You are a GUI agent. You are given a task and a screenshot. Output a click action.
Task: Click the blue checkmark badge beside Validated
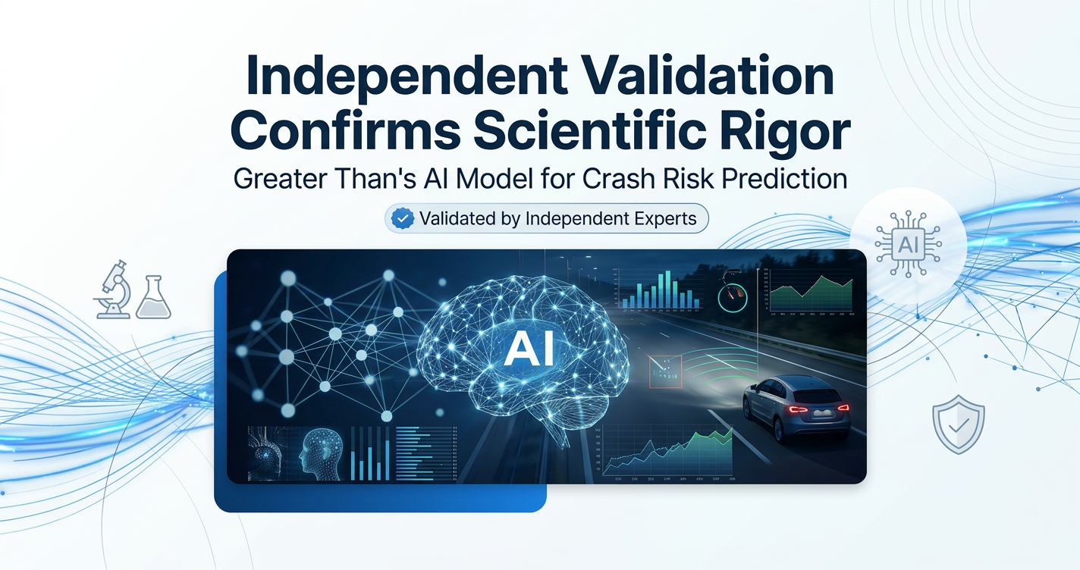tap(401, 219)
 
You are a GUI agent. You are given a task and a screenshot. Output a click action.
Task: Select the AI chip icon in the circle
tap(908, 245)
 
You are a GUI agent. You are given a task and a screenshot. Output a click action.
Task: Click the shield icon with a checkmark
tap(958, 427)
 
